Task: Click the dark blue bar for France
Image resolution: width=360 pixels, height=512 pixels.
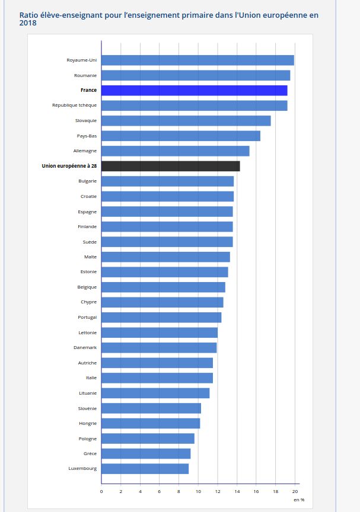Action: pos(194,90)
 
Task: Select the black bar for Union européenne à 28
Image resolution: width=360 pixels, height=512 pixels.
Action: pos(170,166)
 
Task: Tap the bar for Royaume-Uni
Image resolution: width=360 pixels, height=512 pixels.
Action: pos(197,60)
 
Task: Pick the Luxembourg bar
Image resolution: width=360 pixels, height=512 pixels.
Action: pos(145,468)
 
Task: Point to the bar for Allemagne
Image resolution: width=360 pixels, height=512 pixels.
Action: pos(175,151)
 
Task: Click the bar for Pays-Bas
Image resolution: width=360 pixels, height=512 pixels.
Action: pos(180,136)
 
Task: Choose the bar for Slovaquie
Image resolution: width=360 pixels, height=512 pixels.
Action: pos(186,120)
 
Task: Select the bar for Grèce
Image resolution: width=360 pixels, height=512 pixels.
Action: pos(146,453)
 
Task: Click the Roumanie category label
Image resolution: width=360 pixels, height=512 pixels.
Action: pos(85,75)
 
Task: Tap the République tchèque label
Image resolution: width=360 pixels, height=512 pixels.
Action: pos(74,105)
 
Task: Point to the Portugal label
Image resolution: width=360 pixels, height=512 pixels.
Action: pos(87,317)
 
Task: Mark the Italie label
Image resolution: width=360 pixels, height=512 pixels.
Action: pos(91,377)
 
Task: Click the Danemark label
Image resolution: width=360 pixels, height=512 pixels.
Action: pos(85,347)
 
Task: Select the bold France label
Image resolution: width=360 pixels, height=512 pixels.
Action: pos(88,90)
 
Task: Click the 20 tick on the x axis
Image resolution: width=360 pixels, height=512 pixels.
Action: pos(295,491)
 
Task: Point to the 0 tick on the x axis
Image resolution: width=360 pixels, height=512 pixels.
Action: pos(101,491)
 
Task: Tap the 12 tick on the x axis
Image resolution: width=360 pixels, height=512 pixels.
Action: pos(218,491)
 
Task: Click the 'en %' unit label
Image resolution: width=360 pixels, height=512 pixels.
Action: pos(299,500)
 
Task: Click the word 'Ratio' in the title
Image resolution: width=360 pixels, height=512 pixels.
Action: pos(30,14)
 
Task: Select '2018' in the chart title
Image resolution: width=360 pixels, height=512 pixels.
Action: pos(28,23)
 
